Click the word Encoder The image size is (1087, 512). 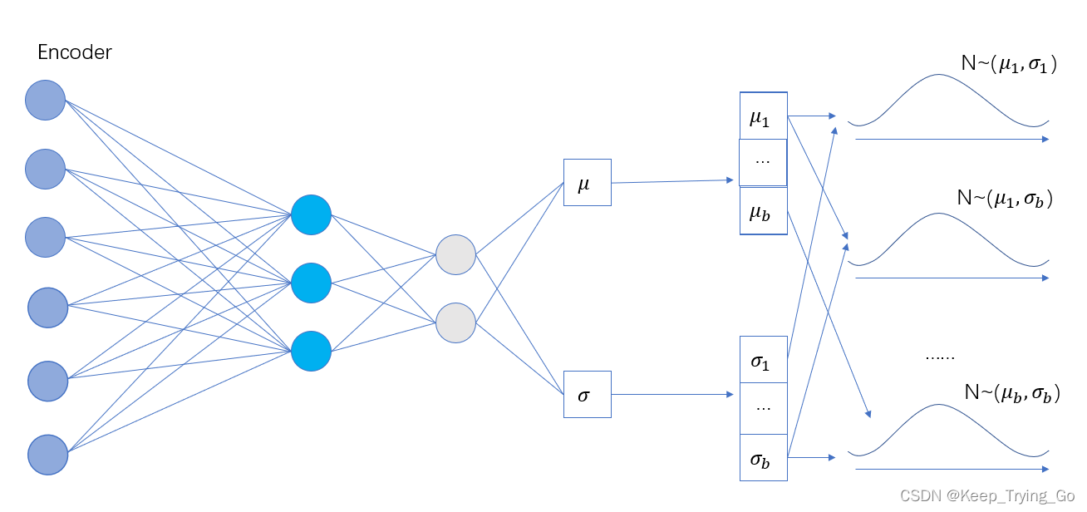[75, 53]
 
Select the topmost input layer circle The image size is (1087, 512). [45, 101]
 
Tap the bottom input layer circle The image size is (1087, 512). [47, 455]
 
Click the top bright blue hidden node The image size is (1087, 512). [311, 215]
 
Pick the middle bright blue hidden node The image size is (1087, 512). [311, 283]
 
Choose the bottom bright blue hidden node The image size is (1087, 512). [311, 352]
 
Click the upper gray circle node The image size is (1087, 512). [455, 255]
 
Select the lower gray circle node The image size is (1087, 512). [455, 322]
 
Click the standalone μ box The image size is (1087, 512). [587, 182]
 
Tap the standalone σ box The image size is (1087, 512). [587, 394]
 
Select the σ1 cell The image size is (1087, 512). [763, 361]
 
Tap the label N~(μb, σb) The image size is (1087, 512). [1011, 393]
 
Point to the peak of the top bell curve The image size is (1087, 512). [938, 76]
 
